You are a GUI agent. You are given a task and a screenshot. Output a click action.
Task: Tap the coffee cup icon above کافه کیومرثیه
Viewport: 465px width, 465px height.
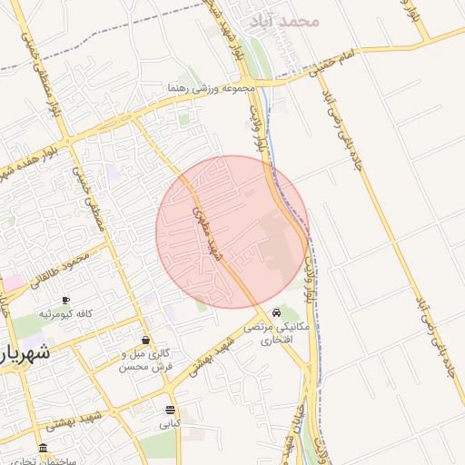tap(65, 300)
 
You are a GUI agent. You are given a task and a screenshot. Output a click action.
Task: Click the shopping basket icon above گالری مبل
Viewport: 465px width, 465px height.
tap(145, 340)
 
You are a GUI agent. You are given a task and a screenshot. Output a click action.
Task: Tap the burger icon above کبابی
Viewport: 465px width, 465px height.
tap(170, 410)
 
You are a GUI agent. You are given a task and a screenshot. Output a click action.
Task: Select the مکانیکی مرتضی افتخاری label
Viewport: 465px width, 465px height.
tap(284, 333)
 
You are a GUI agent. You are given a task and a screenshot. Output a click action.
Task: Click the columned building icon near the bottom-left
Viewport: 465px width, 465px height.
tap(43, 449)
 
